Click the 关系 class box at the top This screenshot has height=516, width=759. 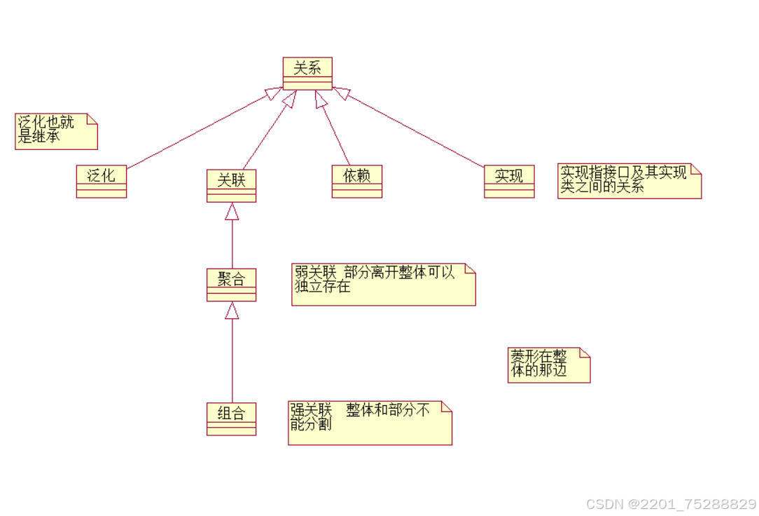click(307, 74)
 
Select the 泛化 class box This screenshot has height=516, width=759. click(102, 181)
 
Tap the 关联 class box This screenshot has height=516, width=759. click(231, 185)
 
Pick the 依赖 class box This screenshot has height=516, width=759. click(357, 181)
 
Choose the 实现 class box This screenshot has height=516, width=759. click(509, 181)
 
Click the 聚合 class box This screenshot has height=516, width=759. click(231, 284)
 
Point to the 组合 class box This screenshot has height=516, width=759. click(231, 419)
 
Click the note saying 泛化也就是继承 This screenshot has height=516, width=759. click(56, 131)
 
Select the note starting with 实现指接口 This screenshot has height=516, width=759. click(629, 181)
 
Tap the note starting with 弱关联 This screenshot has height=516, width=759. click(383, 285)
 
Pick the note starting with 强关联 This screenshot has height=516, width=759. click(370, 423)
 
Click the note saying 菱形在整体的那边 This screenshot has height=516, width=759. click(548, 365)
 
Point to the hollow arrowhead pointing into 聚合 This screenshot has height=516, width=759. click(232, 311)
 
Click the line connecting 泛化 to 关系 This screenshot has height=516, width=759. click(196, 133)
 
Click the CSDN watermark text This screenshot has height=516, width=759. click(670, 504)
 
